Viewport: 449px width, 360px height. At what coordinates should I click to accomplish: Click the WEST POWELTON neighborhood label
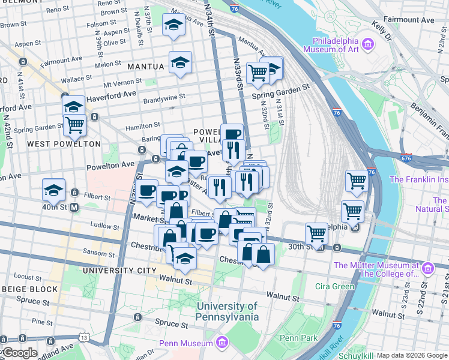pos(64,144)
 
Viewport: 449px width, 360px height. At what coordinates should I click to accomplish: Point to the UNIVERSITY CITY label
pos(119,271)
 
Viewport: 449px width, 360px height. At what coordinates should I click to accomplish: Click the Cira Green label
pos(334,286)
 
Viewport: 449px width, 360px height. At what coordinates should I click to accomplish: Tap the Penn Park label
pos(298,338)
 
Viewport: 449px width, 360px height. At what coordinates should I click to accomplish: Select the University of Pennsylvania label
pos(228,311)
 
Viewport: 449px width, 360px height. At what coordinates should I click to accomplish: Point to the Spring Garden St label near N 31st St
pos(280,86)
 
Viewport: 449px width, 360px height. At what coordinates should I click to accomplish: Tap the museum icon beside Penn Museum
pos(223,343)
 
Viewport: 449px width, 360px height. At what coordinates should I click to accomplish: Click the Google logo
pos(19,353)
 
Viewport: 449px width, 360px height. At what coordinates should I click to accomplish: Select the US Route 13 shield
pos(84,338)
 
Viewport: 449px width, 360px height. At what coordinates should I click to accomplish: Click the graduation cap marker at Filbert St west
pos(54,190)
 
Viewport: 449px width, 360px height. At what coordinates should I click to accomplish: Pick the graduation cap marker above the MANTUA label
pos(174,26)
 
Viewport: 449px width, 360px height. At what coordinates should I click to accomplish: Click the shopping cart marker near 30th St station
pos(316,233)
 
